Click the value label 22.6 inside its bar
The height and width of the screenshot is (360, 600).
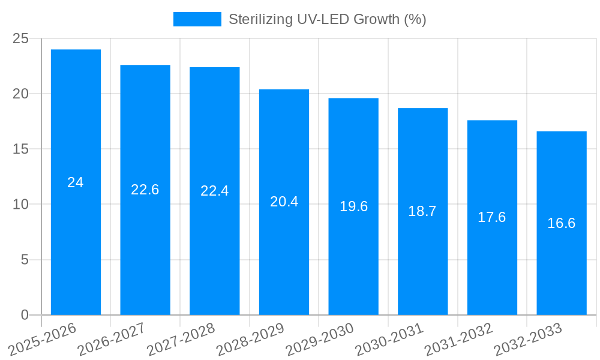pyautogui.click(x=145, y=190)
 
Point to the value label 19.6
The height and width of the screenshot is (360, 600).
pyautogui.click(x=353, y=206)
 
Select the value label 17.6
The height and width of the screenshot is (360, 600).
pyautogui.click(x=492, y=217)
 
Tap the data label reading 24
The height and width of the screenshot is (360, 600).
pyautogui.click(x=76, y=182)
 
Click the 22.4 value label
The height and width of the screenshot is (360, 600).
pyautogui.click(x=214, y=191)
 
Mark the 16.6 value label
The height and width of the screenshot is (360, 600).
pyautogui.click(x=562, y=223)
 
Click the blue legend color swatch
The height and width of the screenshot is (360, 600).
pyautogui.click(x=197, y=19)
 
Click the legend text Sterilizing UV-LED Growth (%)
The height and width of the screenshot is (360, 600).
pyautogui.click(x=327, y=19)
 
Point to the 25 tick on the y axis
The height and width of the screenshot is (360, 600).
pyautogui.click(x=21, y=38)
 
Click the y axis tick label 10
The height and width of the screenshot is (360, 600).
pyautogui.click(x=21, y=205)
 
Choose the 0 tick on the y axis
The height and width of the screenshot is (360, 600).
pyautogui.click(x=25, y=315)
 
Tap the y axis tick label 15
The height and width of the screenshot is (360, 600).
pyautogui.click(x=21, y=149)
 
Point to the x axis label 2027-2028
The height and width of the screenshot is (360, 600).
pyautogui.click(x=183, y=339)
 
